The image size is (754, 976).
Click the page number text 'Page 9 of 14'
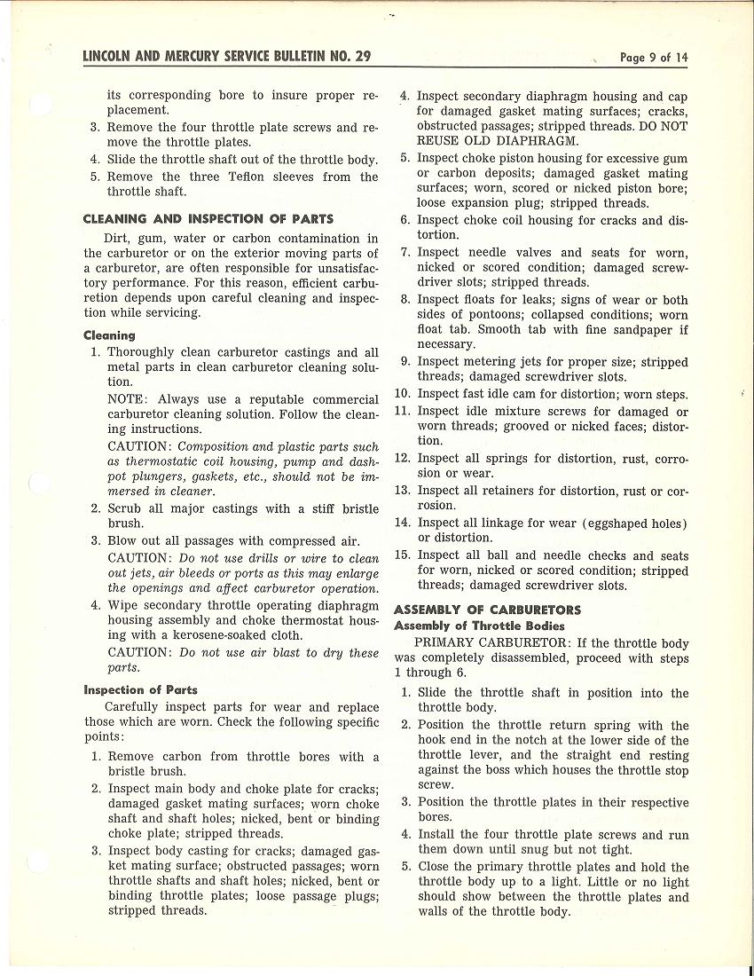tap(654, 58)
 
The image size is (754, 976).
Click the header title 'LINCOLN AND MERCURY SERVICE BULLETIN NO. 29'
tap(226, 57)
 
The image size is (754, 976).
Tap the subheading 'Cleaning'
tap(109, 335)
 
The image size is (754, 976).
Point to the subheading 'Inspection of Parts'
tap(140, 689)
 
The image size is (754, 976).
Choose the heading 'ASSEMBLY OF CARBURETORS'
tap(487, 610)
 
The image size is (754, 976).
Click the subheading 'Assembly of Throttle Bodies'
tap(479, 626)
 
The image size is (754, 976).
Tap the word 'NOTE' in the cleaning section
tap(128, 400)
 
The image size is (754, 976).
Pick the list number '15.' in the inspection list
tap(403, 555)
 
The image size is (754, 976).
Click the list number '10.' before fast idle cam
tap(403, 394)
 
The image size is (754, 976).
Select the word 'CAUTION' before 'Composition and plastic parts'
tap(139, 447)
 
